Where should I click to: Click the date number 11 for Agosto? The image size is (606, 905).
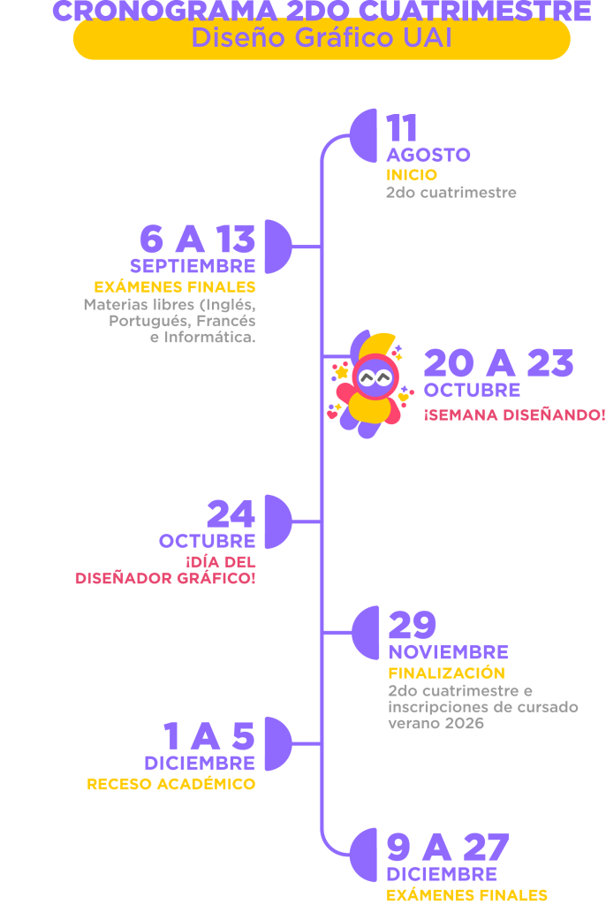(x=402, y=129)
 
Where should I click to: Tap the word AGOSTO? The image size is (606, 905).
(x=428, y=156)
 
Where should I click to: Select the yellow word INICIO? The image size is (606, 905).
(x=412, y=175)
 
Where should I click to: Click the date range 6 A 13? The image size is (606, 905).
(x=197, y=240)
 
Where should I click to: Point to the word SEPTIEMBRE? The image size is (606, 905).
(x=193, y=266)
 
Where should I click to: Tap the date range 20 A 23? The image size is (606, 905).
(x=499, y=363)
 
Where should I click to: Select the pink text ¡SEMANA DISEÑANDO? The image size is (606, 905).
(x=514, y=414)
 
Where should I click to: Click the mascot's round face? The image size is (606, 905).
(x=375, y=378)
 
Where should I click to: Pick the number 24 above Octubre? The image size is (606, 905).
(x=231, y=514)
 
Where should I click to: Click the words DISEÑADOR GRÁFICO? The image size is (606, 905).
(x=165, y=579)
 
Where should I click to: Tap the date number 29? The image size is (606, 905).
(x=413, y=626)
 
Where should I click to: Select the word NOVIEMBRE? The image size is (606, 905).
(x=449, y=652)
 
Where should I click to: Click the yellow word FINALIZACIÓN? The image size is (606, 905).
(x=446, y=673)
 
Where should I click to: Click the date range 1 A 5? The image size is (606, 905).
(x=209, y=737)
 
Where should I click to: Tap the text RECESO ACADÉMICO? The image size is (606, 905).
(x=170, y=784)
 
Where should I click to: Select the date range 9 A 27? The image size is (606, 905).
(x=448, y=848)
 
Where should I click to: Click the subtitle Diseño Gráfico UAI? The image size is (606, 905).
(x=322, y=39)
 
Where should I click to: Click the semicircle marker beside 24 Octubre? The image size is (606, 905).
(x=277, y=521)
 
